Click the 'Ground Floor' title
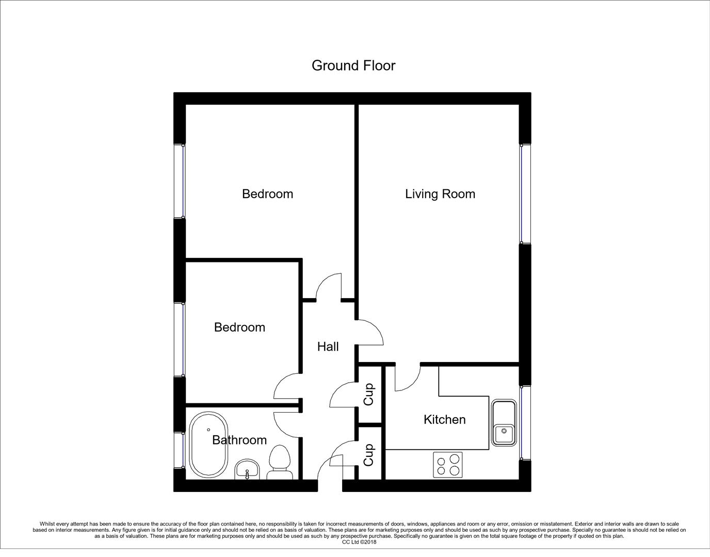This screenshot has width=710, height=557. click(353, 65)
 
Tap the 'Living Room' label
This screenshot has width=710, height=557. click(440, 194)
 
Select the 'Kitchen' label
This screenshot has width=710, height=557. click(444, 420)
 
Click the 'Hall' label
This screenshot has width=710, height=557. click(328, 347)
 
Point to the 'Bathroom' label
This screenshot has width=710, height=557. click(239, 440)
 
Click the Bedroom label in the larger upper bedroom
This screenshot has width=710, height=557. click(267, 194)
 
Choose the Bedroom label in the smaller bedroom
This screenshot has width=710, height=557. click(239, 327)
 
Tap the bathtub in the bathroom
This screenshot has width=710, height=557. click(208, 445)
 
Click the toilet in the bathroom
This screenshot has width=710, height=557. click(280, 463)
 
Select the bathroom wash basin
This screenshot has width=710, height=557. click(248, 470)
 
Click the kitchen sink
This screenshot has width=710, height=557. click(503, 422)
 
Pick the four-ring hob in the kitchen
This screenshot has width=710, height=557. click(448, 464)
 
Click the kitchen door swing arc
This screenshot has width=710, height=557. click(406, 379)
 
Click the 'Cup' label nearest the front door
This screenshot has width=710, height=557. click(368, 454)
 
